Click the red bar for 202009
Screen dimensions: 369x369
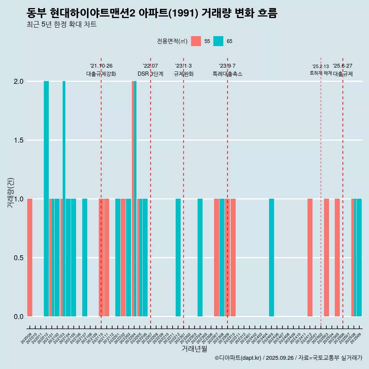click(x=30, y=258)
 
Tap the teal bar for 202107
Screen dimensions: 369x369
click(x=85, y=258)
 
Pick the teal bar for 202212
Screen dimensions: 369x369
click(x=178, y=258)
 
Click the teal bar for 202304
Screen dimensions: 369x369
click(x=200, y=258)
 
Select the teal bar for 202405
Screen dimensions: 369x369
click(x=271, y=258)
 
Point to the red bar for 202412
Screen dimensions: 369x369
click(x=310, y=258)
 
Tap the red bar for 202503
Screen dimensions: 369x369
click(x=326, y=258)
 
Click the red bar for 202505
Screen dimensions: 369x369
click(x=337, y=258)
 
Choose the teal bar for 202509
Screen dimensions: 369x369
click(x=359, y=258)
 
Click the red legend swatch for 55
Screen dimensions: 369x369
click(x=196, y=41)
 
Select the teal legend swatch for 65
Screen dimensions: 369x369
click(x=218, y=41)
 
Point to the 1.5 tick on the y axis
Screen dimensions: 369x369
click(x=18, y=140)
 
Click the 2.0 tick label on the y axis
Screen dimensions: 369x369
click(x=18, y=81)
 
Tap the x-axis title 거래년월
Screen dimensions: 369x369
click(x=194, y=349)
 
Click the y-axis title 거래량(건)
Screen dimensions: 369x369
click(x=10, y=193)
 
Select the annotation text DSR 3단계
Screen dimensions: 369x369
click(x=151, y=74)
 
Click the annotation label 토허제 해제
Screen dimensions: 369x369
click(x=321, y=73)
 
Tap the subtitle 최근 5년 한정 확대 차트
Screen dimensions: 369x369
click(x=61, y=25)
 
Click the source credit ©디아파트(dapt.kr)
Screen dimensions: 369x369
click(x=238, y=358)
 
